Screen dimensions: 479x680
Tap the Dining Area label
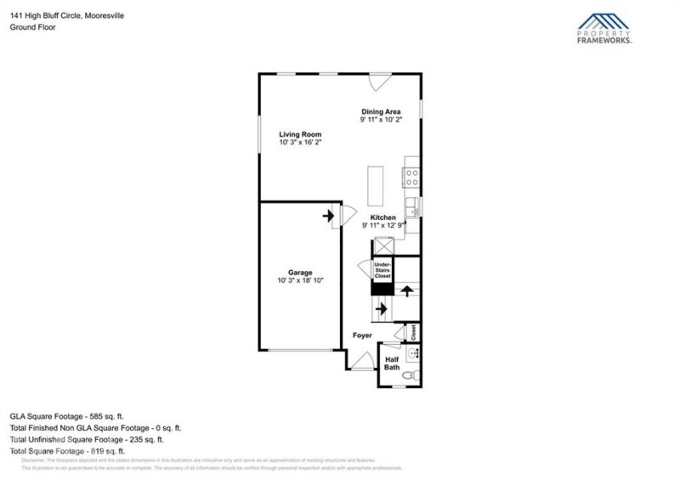tap(380, 111)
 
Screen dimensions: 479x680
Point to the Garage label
tap(300, 273)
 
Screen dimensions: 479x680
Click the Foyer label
tap(364, 336)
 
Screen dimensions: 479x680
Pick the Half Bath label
tap(391, 363)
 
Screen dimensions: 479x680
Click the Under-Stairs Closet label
tap(382, 271)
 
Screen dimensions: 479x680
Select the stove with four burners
tap(411, 178)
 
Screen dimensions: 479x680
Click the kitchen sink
tap(412, 205)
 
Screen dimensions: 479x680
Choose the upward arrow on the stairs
tap(407, 291)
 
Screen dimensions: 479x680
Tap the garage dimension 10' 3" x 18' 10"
tap(300, 281)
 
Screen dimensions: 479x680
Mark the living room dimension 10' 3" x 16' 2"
tap(302, 143)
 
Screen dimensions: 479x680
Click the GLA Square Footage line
tap(67, 416)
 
